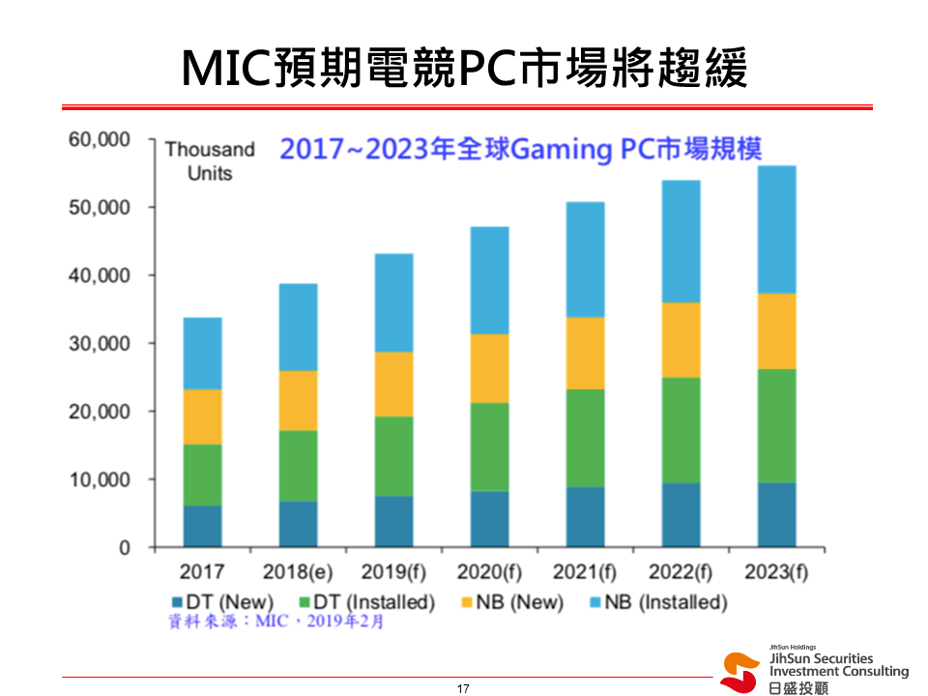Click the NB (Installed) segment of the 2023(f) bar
(776, 229)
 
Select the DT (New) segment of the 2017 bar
(202, 526)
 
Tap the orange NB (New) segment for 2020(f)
(489, 368)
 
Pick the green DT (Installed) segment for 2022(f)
(681, 430)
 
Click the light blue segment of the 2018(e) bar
(298, 327)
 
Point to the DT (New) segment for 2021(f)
(585, 517)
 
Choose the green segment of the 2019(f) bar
(393, 456)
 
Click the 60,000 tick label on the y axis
(100, 140)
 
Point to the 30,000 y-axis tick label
(100, 344)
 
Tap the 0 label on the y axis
(124, 548)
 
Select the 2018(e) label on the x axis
(298, 572)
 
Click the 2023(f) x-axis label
(776, 572)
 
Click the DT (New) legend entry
(223, 602)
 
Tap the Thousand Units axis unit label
(210, 161)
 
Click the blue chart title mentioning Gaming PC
(521, 150)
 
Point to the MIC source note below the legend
(275, 622)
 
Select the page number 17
(463, 688)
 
